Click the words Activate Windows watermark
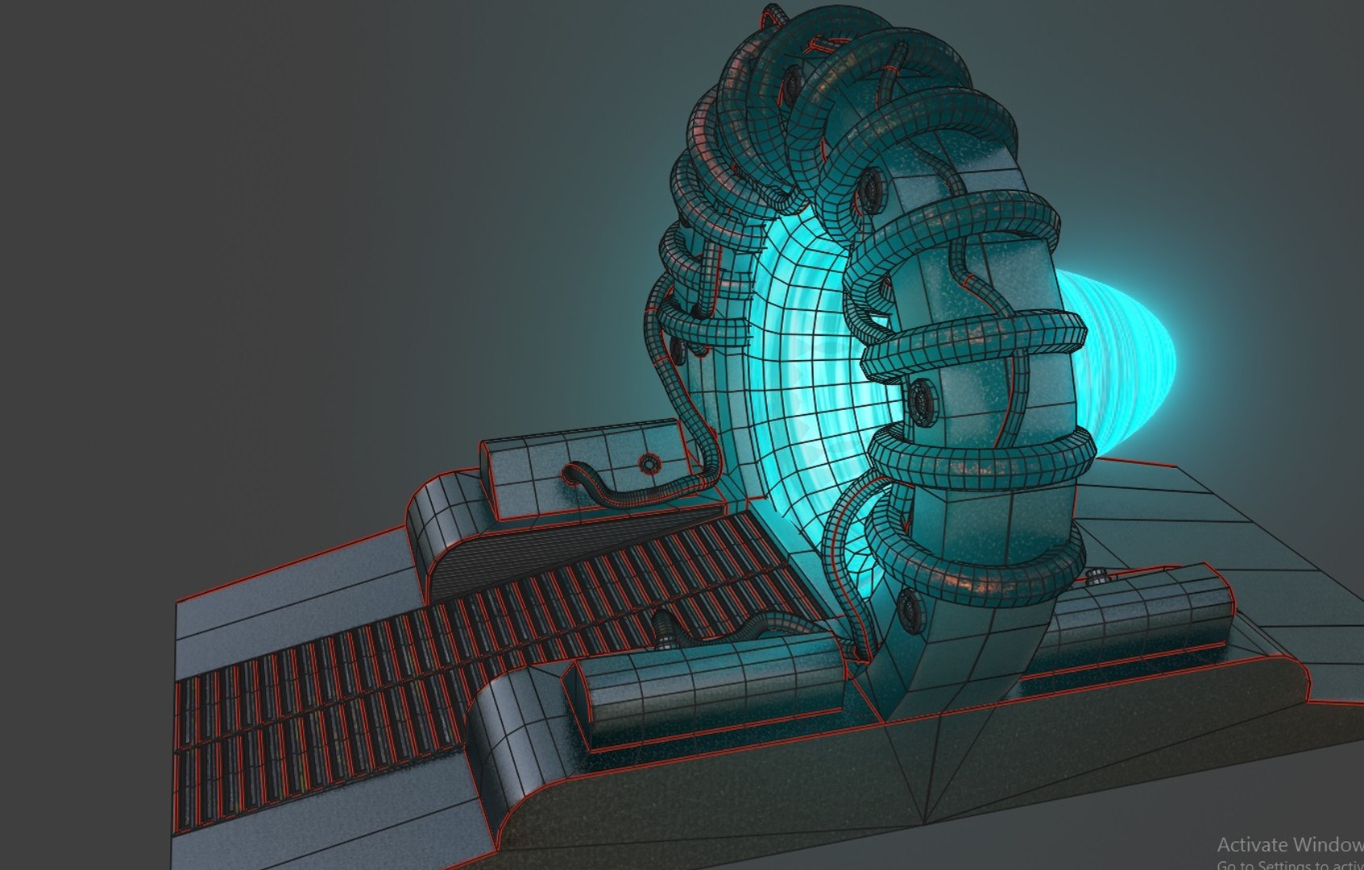pyautogui.click(x=1289, y=844)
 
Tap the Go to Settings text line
pyautogui.click(x=1289, y=864)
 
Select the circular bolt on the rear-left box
pyautogui.click(x=649, y=463)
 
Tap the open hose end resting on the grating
pyautogui.click(x=662, y=628)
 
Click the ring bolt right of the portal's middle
pyautogui.click(x=922, y=400)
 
